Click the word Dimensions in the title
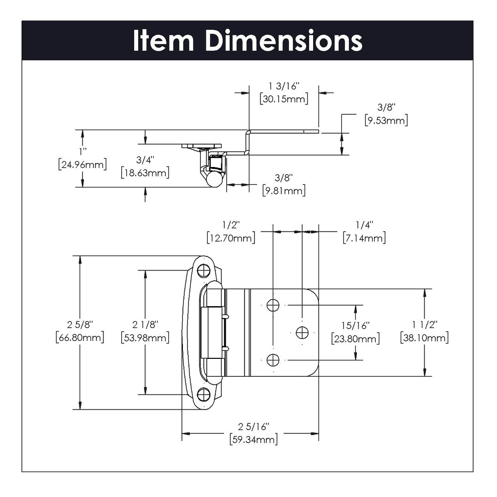284,41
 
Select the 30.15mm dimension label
284,98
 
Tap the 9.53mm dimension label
386,120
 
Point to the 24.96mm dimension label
82,164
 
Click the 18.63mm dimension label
145,173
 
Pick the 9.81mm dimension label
284,190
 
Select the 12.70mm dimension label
231,238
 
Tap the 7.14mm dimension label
364,238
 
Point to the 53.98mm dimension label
145,338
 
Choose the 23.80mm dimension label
355,339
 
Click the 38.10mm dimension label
424,338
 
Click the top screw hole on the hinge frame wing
203,271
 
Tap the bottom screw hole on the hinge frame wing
203,395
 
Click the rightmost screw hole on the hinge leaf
302,332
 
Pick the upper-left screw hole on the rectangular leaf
273,305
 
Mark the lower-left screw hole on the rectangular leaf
273,359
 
